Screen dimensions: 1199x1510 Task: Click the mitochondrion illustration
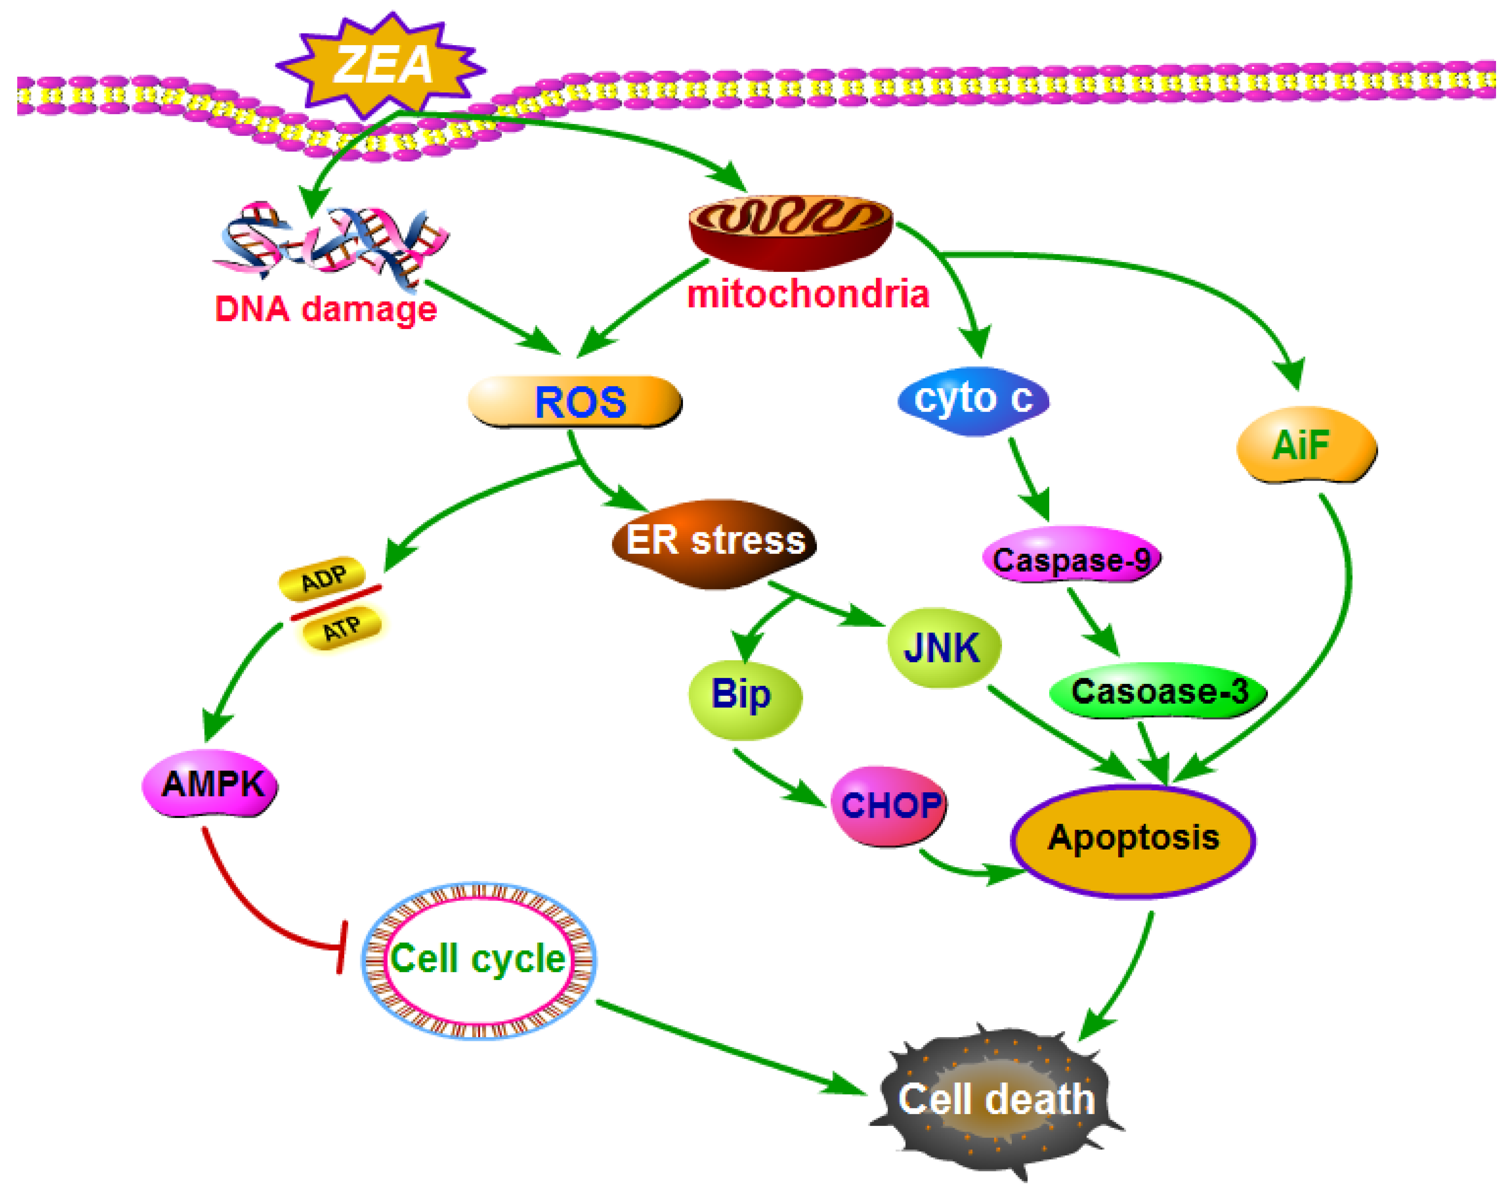click(790, 231)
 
